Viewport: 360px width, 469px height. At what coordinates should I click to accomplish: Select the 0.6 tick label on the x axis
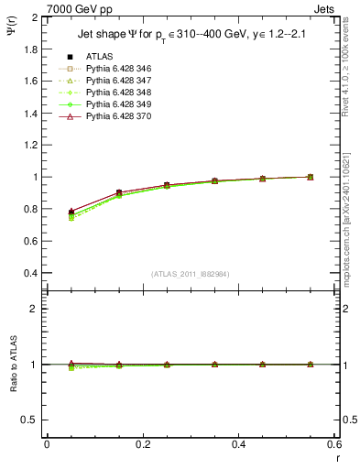pyautogui.click(x=333, y=443)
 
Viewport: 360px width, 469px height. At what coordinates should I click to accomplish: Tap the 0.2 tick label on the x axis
pyautogui.click(x=142, y=443)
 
